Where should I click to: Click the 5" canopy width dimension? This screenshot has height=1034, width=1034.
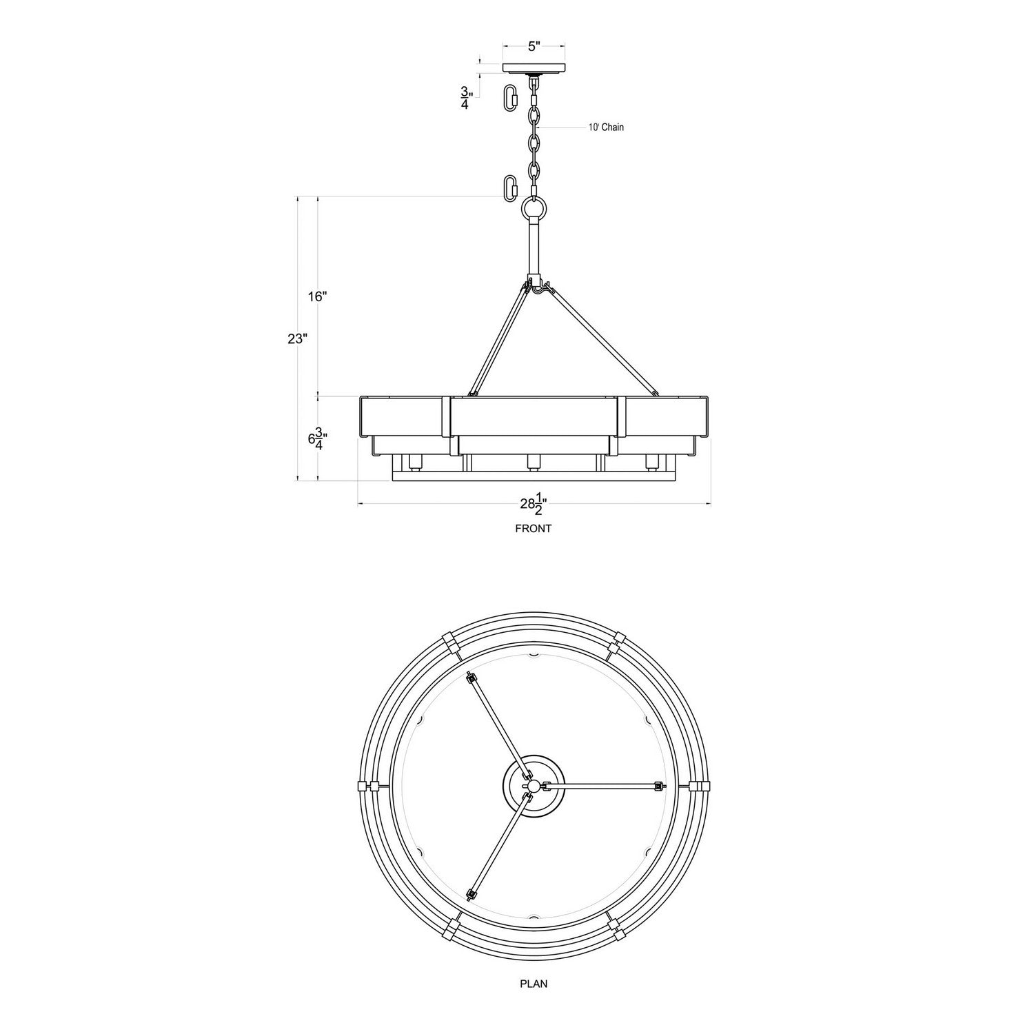pyautogui.click(x=534, y=47)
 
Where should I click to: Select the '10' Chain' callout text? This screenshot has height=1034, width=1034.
pyautogui.click(x=606, y=128)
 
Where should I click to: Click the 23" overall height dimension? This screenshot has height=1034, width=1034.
pyautogui.click(x=297, y=338)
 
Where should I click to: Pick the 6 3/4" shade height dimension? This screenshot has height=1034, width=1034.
pyautogui.click(x=317, y=438)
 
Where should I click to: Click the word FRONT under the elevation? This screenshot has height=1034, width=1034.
pyautogui.click(x=534, y=529)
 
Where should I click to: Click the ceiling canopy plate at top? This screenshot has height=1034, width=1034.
pyautogui.click(x=534, y=68)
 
